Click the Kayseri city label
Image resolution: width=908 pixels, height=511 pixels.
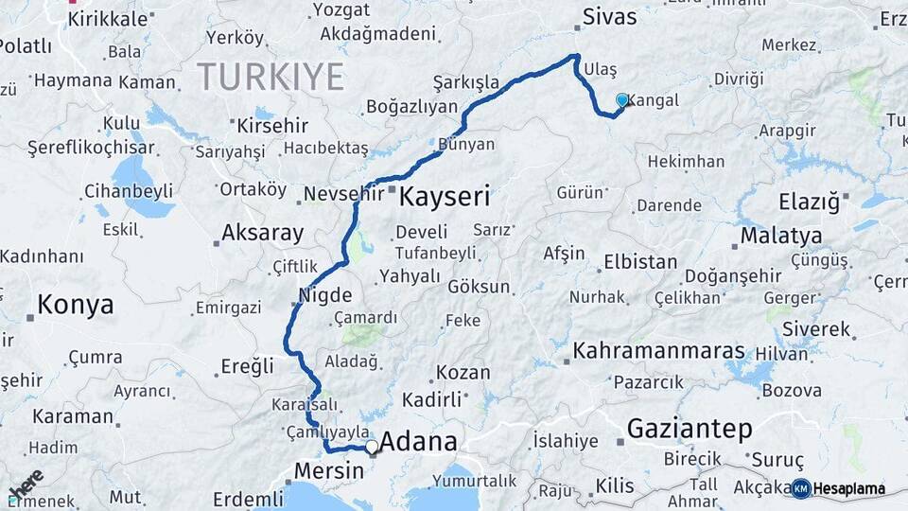tap(445, 197)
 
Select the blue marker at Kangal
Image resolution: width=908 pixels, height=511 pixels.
tap(621, 99)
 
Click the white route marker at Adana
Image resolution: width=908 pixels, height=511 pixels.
tap(373, 446)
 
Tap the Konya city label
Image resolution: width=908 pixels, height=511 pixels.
tap(75, 305)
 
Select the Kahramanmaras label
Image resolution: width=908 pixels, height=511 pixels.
tap(658, 350)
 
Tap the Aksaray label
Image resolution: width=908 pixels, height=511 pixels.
tap(262, 233)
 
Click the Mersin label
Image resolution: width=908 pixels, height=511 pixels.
tap(329, 470)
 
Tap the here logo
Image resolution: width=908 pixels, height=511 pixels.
tap(26, 485)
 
